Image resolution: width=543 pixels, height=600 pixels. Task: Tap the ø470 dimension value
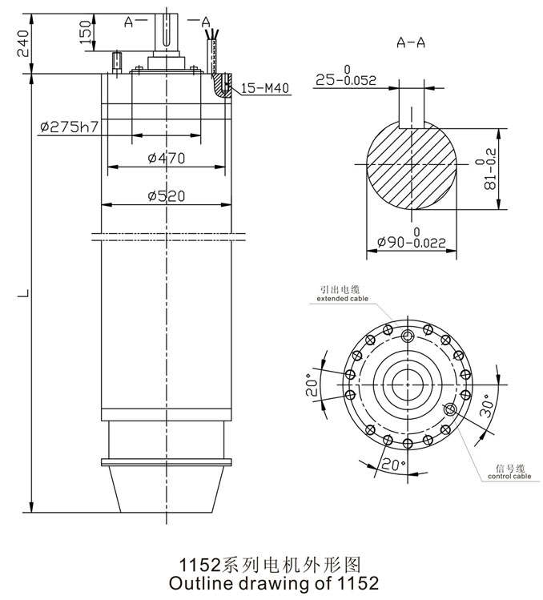(166, 159)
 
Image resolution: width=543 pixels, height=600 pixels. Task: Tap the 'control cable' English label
(509, 477)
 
